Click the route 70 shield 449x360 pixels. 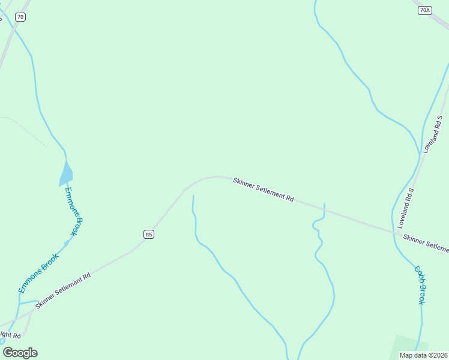click(21, 17)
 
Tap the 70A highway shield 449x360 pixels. click(425, 10)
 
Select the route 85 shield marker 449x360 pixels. click(149, 234)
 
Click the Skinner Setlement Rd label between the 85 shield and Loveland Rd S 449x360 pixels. click(264, 189)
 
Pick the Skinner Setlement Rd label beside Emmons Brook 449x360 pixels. click(62, 291)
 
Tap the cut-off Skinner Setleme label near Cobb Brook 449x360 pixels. click(426, 242)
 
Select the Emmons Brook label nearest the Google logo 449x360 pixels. click(38, 274)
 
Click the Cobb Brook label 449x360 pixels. click(420, 285)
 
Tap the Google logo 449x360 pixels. click(20, 353)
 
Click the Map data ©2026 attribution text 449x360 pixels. click(424, 355)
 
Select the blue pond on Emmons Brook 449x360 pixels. click(65, 174)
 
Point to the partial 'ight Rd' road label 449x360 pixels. click(10, 335)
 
